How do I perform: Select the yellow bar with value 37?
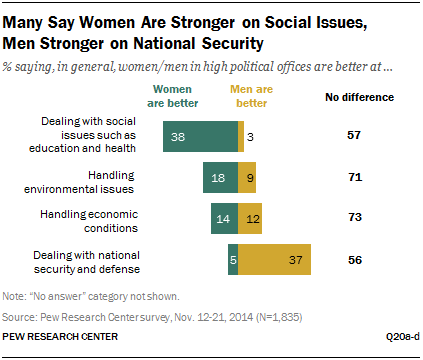(x=274, y=260)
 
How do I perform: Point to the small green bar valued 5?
(x=232, y=260)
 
